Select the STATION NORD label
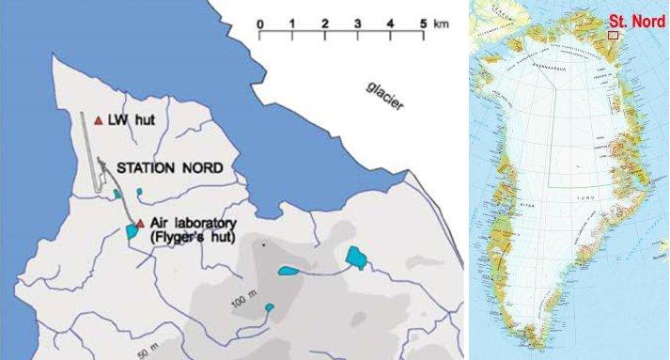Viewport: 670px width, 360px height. tap(169, 169)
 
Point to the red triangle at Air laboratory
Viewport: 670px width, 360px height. tap(140, 224)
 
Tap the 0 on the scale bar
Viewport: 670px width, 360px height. tap(259, 23)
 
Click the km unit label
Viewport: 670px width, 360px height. tap(440, 23)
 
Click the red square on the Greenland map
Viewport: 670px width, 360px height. tap(613, 35)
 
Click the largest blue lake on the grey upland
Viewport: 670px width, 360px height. tap(354, 255)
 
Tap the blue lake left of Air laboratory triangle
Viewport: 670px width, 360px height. tap(129, 232)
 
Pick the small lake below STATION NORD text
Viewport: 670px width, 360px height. tap(140, 192)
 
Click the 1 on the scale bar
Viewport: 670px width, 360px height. tap(292, 23)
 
